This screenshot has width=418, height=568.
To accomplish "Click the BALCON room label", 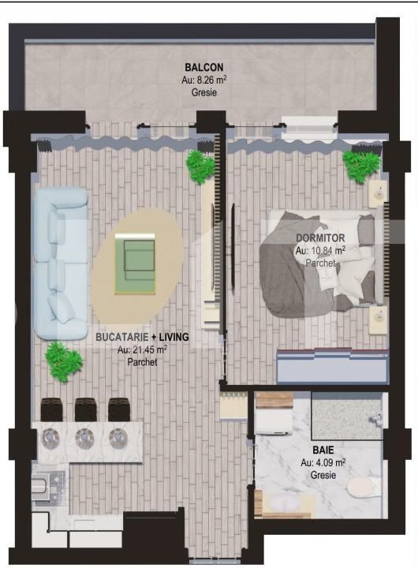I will coord(203,67).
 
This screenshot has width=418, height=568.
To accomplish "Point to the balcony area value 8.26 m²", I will coord(203,80).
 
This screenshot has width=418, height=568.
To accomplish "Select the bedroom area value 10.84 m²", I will coord(320,250).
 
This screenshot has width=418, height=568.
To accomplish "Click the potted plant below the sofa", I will coord(63,362).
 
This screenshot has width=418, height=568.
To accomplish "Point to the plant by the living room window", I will coord(200,166).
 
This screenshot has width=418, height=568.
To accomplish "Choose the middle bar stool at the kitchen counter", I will coord(85,409).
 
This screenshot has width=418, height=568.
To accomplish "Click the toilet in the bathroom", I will coord(360,488).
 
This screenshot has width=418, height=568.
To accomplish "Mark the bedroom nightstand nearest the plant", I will coord(379,190).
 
